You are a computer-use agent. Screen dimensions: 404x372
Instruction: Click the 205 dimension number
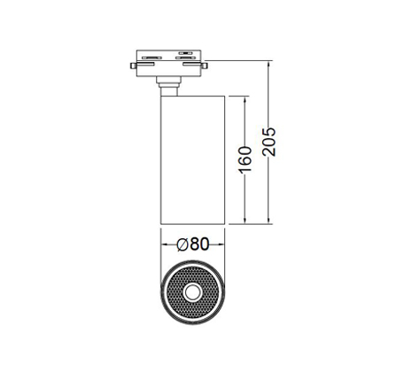click(x=269, y=142)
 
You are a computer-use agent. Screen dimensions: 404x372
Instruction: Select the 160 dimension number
click(x=245, y=159)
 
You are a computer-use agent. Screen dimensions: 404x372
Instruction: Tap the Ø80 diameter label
click(x=193, y=244)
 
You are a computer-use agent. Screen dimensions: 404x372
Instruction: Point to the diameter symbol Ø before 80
click(x=183, y=244)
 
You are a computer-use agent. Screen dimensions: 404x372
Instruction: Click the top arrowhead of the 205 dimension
click(x=268, y=65)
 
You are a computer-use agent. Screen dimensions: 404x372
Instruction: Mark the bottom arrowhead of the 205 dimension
click(x=268, y=221)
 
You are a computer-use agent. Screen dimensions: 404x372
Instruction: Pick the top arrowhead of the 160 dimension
click(x=245, y=100)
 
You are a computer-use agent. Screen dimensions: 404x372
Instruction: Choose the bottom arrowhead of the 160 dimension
click(x=245, y=221)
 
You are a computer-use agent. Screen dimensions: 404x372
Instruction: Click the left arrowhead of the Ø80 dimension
click(x=164, y=244)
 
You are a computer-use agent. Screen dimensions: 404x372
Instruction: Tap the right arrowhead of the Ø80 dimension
click(x=221, y=244)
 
